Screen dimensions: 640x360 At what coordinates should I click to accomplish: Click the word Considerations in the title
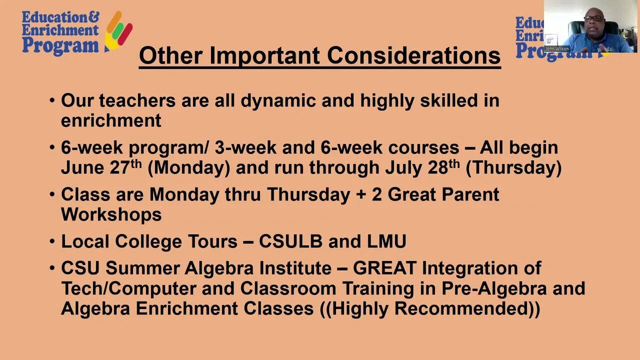pyautogui.click(x=413, y=56)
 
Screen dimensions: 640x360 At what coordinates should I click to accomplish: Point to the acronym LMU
pyautogui.click(x=386, y=241)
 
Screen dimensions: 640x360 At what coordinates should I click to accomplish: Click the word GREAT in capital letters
pyautogui.click(x=384, y=268)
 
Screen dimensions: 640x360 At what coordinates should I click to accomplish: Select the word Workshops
pyautogui.click(x=111, y=214)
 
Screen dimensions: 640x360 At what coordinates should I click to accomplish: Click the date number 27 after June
pyautogui.click(x=120, y=167)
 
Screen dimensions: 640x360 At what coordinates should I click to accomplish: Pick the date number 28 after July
pyautogui.click(x=438, y=167)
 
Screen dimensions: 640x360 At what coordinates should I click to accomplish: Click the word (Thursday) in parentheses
pyautogui.click(x=513, y=168)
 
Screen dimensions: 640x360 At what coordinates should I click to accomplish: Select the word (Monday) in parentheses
pyautogui.click(x=189, y=168)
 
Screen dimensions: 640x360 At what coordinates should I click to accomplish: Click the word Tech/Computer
pyautogui.click(x=128, y=289)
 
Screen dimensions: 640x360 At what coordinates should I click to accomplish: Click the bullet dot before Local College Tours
pyautogui.click(x=52, y=241)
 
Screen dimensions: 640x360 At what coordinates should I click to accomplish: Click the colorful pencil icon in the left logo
pyautogui.click(x=118, y=31)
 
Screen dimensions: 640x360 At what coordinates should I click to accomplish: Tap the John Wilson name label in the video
pyautogui.click(x=557, y=49)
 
